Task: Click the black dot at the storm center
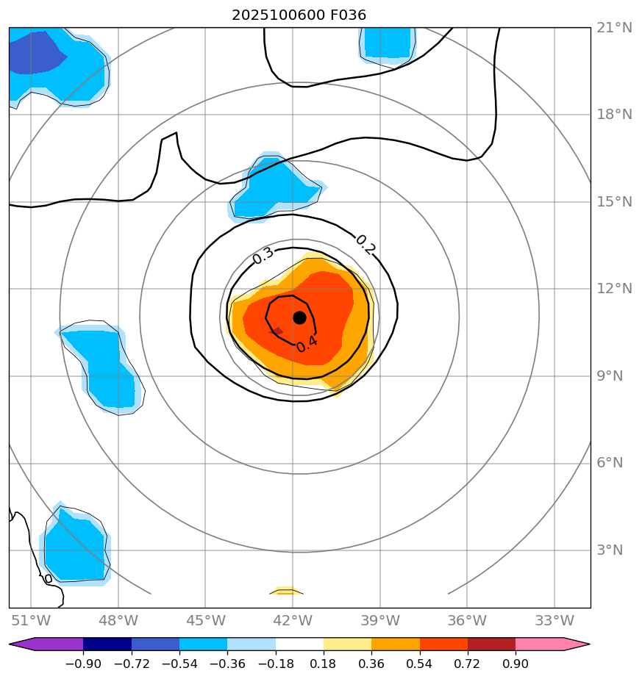point(299,317)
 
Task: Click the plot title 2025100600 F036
point(299,15)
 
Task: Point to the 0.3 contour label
point(263,255)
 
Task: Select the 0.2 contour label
point(365,244)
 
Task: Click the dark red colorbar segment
point(491,644)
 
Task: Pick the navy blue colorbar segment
point(107,644)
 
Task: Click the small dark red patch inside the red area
point(277,331)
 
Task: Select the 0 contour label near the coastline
point(49,579)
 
